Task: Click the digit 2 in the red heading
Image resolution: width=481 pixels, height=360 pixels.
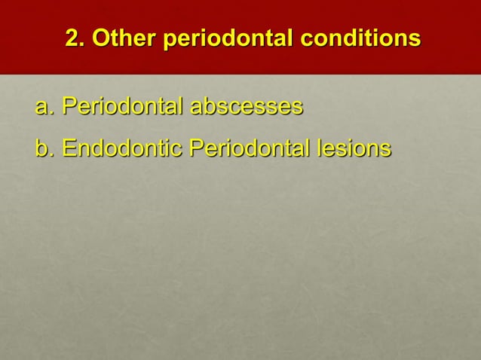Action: pyautogui.click(x=72, y=38)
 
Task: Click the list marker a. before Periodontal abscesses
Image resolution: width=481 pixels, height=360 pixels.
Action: pyautogui.click(x=44, y=106)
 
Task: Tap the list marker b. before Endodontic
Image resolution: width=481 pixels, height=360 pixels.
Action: pyautogui.click(x=44, y=148)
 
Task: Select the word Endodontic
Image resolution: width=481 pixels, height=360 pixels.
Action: pyautogui.click(x=122, y=148)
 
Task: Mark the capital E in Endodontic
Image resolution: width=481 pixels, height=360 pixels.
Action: pyautogui.click(x=69, y=148)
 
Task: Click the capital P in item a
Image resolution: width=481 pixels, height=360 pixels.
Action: pyautogui.click(x=69, y=106)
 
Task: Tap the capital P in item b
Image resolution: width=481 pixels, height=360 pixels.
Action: pyautogui.click(x=196, y=148)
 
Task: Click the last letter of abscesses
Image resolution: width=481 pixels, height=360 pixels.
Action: pyautogui.click(x=298, y=108)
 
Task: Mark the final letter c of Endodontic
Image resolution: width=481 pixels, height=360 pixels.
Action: pyautogui.click(x=178, y=149)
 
